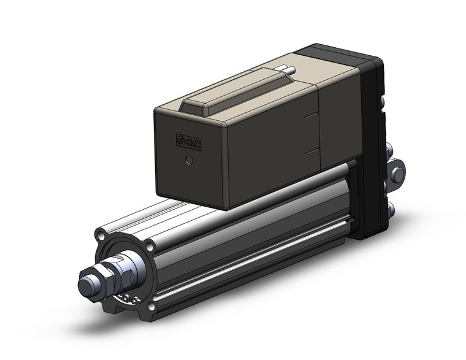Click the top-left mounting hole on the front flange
tap(101, 236)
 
